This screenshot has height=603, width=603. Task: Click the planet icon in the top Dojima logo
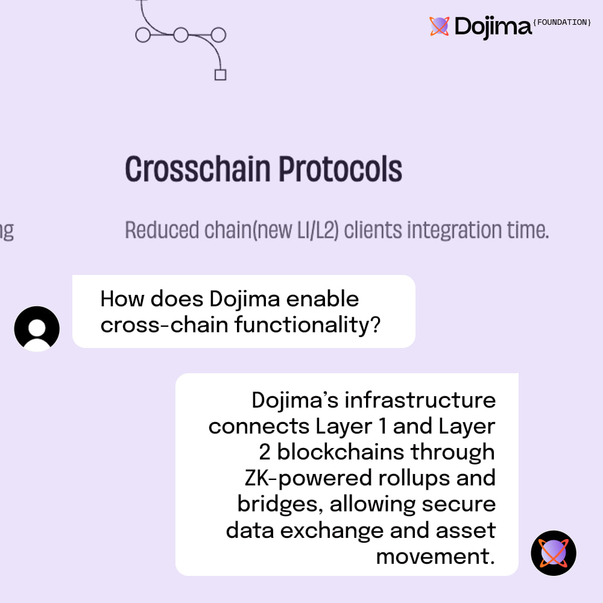point(440,26)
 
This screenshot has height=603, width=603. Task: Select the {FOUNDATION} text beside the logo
point(563,22)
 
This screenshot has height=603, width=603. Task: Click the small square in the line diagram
point(220,75)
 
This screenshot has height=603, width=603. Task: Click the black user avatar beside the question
point(37,329)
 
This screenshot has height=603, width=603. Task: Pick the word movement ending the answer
point(435,556)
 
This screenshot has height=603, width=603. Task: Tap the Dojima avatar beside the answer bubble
point(554,553)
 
